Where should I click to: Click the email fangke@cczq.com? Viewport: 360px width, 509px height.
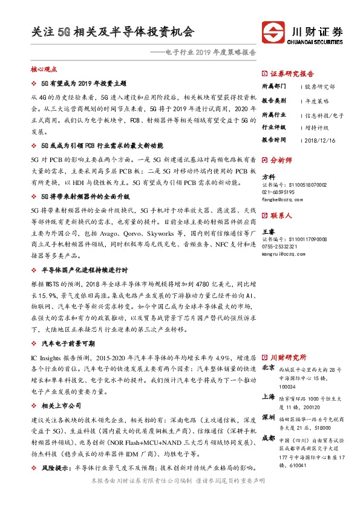point(282,198)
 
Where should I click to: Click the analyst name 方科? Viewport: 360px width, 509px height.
point(268,177)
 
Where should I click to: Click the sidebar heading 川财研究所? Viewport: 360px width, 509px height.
point(288,357)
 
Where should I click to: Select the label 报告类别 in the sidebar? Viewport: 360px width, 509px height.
point(274,100)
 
